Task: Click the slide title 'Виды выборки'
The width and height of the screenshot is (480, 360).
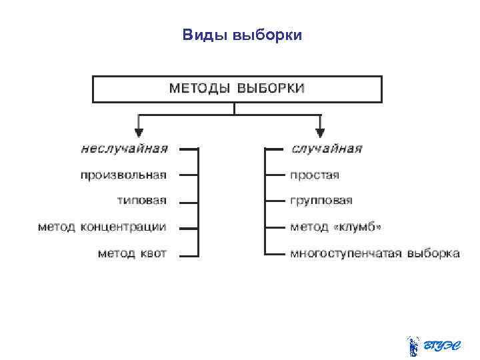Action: coord(242,35)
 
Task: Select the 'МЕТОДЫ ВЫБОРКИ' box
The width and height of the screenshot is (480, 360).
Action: coord(237,89)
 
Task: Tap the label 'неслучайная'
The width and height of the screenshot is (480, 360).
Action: coord(124,149)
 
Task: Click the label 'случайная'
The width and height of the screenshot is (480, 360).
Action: coord(327,149)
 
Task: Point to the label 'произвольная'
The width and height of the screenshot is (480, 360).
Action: coord(123,175)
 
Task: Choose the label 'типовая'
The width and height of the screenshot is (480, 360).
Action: coord(142,201)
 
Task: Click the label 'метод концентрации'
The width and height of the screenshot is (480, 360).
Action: coord(102,227)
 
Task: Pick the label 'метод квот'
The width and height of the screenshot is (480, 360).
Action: coord(132,253)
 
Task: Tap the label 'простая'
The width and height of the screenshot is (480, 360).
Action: coord(315,175)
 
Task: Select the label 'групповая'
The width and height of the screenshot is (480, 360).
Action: coord(321,201)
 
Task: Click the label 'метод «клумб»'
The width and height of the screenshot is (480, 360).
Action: coord(336,227)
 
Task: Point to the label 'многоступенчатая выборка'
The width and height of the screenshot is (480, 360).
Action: coord(375,253)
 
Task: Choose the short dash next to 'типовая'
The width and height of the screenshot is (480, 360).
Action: coord(189,201)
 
